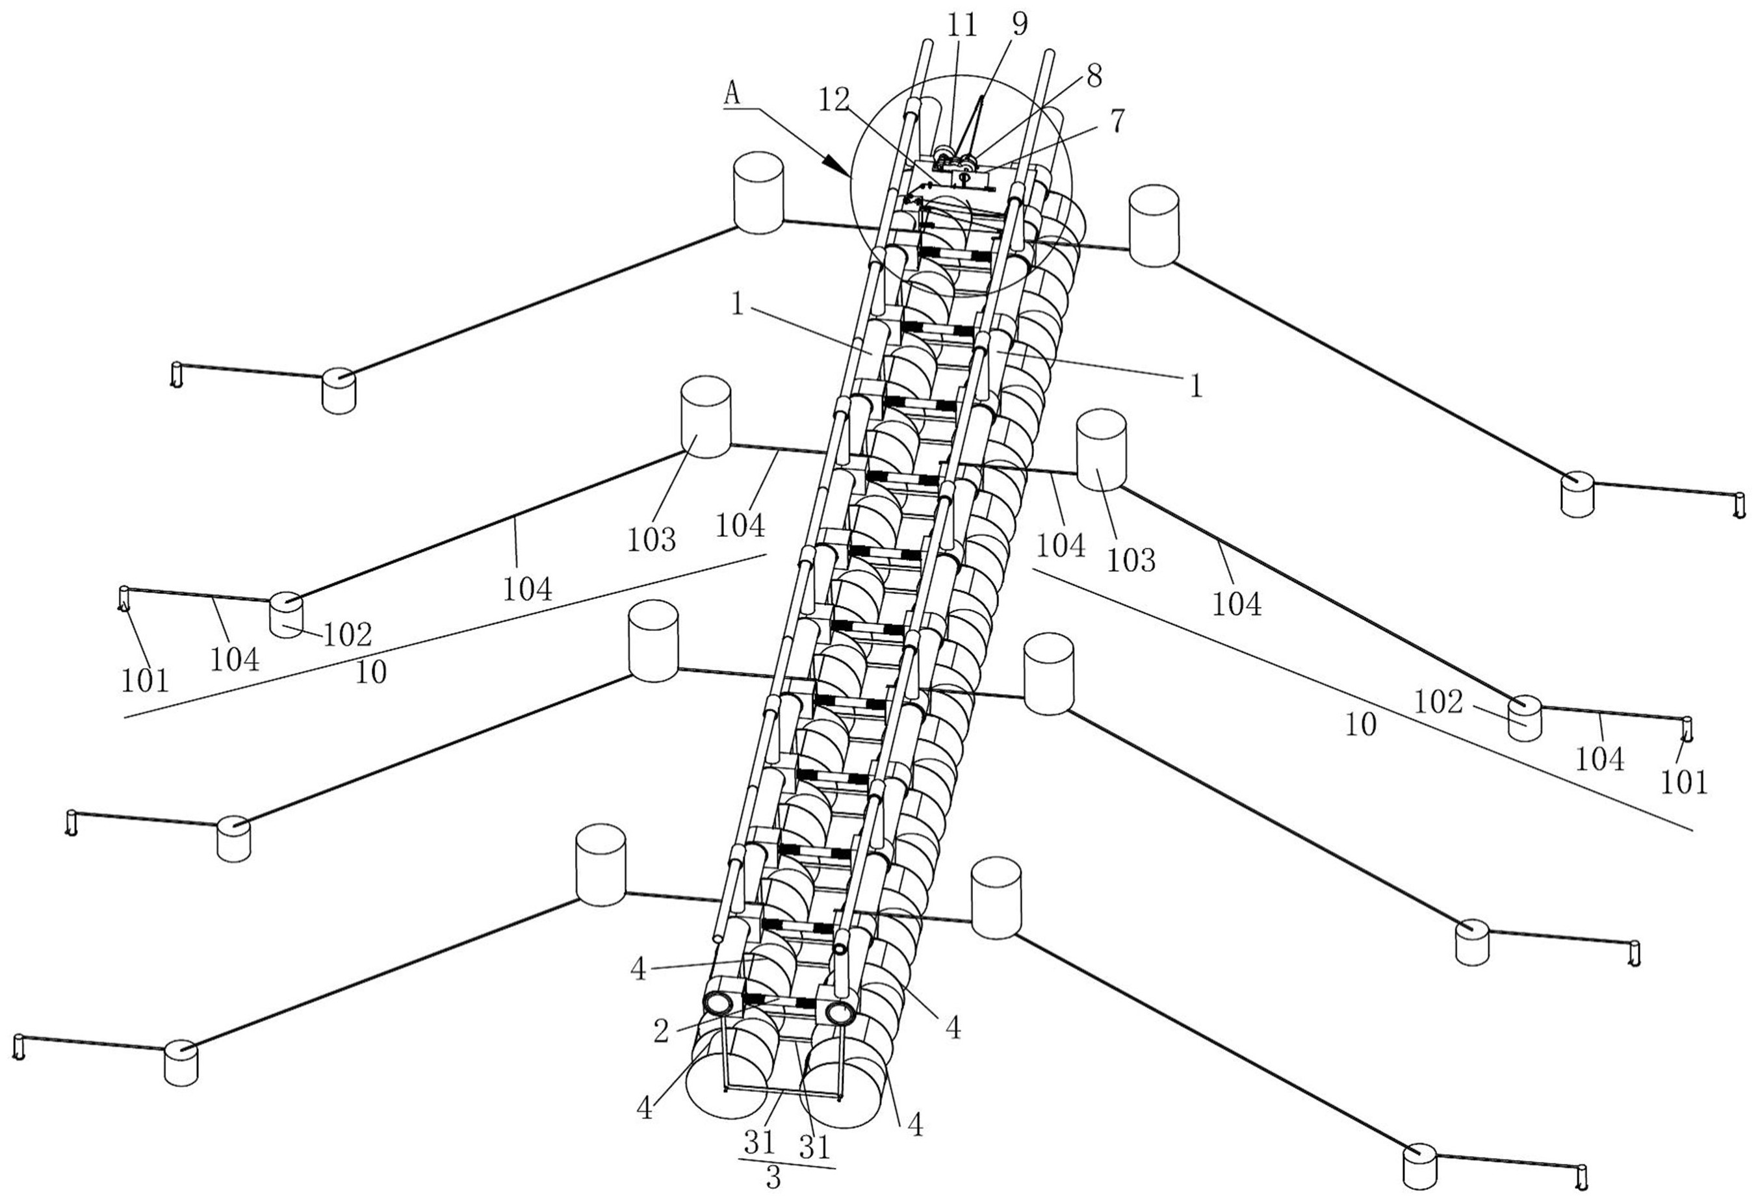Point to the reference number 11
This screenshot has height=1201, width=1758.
coord(961,26)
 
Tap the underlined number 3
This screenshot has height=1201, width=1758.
coord(772,1178)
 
